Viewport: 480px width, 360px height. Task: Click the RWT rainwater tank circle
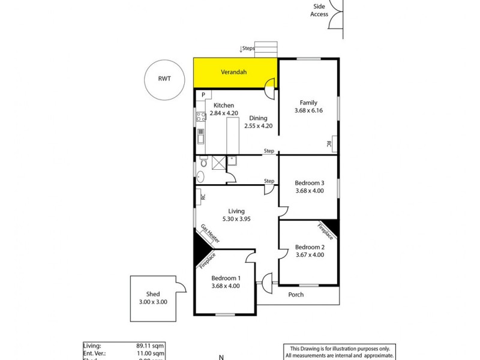164,82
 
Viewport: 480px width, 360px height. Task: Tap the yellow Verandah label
234,72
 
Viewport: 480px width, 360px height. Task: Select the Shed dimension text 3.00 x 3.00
152,302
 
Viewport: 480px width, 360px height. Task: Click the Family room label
308,103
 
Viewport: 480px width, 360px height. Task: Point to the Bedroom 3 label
309,183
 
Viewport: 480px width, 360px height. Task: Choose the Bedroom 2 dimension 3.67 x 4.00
309,255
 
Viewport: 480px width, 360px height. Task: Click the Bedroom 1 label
226,278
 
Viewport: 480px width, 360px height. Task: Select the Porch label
296,295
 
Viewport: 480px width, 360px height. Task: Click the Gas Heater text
210,233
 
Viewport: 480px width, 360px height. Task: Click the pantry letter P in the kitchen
203,95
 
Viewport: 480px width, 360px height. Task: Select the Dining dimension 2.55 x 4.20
259,126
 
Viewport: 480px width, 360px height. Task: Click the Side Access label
319,10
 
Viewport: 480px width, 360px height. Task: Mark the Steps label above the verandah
248,48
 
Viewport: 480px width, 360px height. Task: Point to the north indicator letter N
221,356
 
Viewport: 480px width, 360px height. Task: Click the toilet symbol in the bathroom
205,163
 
